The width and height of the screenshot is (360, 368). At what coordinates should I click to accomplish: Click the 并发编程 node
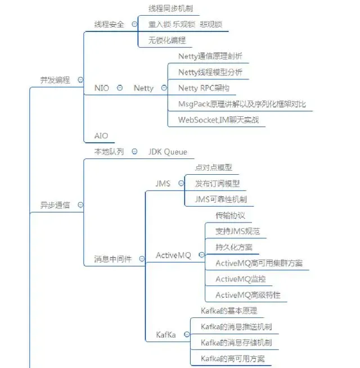55,80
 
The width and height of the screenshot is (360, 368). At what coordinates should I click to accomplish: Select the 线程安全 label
109,24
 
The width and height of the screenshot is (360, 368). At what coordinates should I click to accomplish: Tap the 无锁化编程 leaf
166,40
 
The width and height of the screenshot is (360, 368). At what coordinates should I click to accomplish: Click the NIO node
102,88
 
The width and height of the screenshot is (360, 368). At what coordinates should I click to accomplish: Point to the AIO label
101,135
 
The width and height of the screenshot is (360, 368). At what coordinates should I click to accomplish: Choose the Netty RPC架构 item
203,88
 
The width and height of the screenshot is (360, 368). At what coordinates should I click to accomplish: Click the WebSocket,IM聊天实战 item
218,120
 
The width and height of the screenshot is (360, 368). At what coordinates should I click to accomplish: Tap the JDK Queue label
168,152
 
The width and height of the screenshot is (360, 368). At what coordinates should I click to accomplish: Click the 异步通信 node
55,205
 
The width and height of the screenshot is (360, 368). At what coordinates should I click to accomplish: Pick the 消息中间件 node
112,260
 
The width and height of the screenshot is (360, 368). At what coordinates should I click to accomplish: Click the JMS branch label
163,183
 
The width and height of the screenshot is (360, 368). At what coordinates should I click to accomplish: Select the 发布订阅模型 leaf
217,183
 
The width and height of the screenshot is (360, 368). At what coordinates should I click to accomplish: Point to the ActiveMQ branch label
173,255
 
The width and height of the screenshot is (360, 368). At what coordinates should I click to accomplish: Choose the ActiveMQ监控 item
240,279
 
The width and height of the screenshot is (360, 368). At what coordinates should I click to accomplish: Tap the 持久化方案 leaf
233,247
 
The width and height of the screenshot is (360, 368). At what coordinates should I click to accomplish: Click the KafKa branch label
166,335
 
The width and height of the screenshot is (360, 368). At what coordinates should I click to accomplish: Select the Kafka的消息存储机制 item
236,342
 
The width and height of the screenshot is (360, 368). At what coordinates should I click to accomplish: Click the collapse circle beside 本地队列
135,152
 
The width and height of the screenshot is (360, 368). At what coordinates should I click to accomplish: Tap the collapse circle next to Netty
164,88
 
